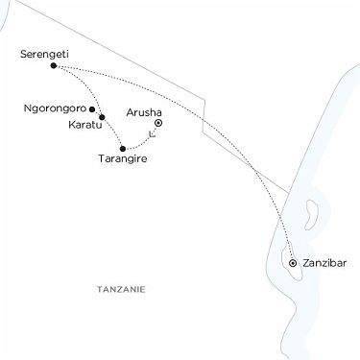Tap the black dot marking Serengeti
coord(53,66)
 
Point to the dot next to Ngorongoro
coord(92,108)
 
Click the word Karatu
coord(84,124)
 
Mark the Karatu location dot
coord(102,117)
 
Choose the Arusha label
coord(144,112)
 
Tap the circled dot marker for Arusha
coord(158,123)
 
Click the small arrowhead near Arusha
coord(152,133)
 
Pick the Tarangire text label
coord(125,160)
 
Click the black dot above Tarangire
coord(123,148)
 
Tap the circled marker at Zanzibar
coord(292,261)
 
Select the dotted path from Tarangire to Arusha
coord(142,144)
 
